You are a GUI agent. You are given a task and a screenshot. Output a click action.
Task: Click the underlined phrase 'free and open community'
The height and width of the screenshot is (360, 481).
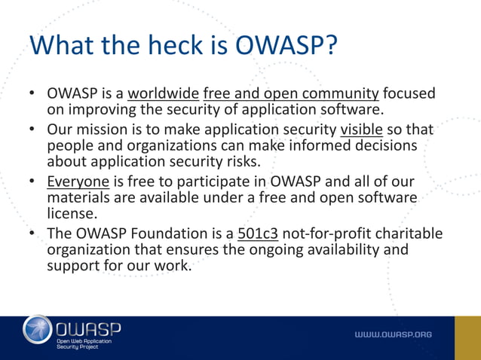291,94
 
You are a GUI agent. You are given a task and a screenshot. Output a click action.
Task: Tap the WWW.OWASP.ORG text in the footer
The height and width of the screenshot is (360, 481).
394,334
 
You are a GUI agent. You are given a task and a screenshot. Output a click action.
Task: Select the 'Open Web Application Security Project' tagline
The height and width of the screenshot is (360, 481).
84,344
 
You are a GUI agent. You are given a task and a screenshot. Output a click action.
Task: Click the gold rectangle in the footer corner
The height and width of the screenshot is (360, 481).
467,337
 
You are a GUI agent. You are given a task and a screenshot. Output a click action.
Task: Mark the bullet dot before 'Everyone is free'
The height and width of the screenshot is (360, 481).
34,182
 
